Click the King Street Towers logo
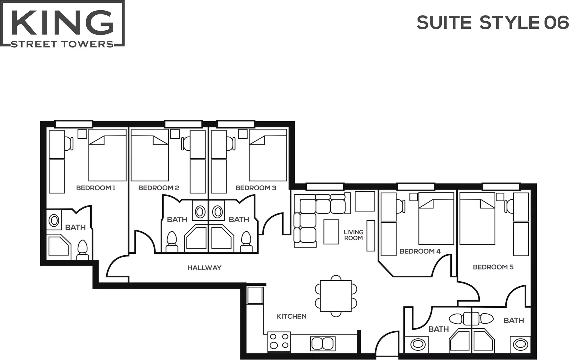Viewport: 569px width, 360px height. click(62, 24)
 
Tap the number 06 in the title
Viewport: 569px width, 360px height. click(556, 23)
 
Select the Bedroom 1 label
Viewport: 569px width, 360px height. click(96, 188)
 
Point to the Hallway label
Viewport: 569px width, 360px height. click(205, 268)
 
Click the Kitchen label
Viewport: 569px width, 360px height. click(291, 316)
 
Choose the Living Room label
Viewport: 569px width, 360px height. click(353, 235)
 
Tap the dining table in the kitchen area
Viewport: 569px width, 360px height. click(336, 296)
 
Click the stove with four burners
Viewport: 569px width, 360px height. click(279, 341)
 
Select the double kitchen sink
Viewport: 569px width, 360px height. click(322, 343)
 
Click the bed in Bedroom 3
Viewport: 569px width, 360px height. click(268, 155)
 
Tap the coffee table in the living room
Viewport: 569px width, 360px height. click(331, 232)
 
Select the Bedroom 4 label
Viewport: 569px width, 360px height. click(420, 251)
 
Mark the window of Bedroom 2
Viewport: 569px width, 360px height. click(184, 124)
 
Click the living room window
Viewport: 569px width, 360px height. click(325, 187)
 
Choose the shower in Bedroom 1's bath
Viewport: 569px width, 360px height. click(59, 246)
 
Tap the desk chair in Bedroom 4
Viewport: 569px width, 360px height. click(401, 206)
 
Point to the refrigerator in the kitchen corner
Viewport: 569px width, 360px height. click(255, 295)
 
